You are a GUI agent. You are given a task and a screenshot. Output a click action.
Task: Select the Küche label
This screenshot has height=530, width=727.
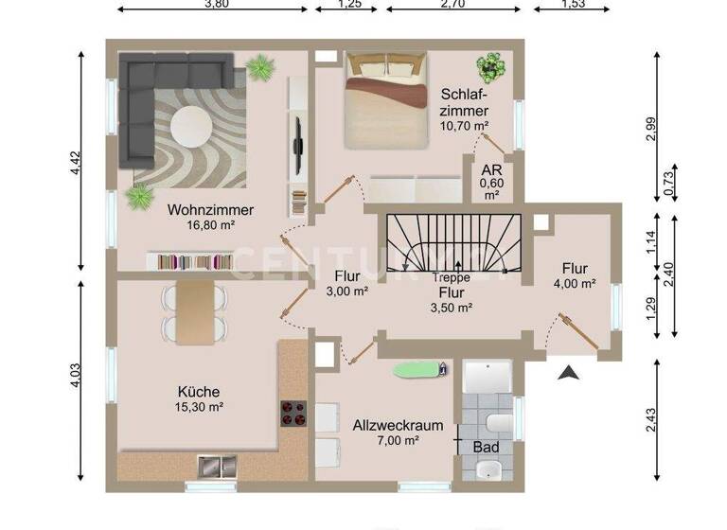199,392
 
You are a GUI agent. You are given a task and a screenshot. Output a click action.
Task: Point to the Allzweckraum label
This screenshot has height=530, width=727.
398,426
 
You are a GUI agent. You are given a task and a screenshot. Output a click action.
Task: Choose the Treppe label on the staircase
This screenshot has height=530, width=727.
451,279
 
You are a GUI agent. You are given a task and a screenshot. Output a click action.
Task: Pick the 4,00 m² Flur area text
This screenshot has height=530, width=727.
575,283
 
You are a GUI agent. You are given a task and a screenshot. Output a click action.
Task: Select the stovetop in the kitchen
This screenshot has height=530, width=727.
293,415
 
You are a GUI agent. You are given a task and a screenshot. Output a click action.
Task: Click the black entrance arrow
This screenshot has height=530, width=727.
568,374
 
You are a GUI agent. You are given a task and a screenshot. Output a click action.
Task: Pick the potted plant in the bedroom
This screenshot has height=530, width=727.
491,67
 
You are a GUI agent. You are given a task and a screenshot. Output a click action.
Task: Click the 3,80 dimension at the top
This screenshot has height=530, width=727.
217,5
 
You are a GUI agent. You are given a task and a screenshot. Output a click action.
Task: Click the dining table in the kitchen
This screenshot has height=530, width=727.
194,312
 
